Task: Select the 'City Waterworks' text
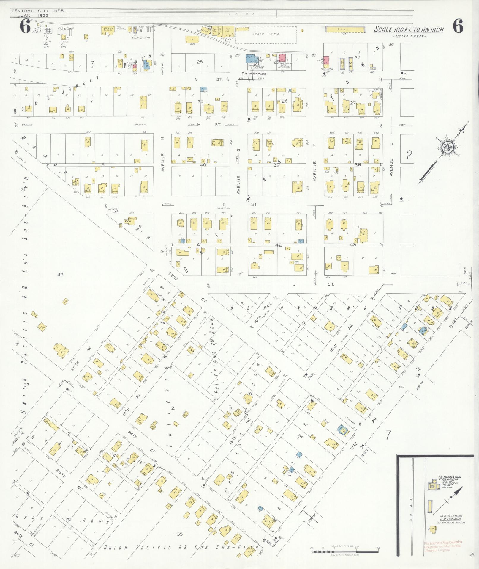pos(254,73)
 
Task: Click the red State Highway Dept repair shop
pos(282,58)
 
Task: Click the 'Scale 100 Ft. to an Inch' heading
pos(409,30)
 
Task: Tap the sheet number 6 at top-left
pos(25,27)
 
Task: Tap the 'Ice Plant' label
pos(225,39)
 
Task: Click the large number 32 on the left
pos(60,275)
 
